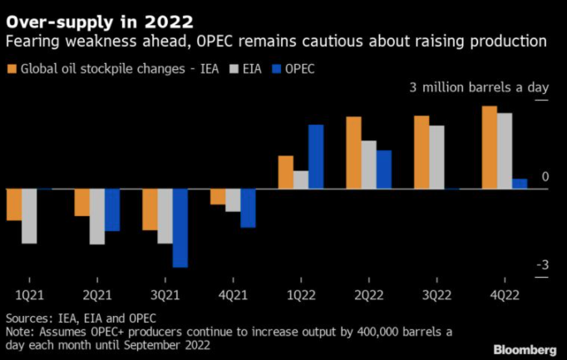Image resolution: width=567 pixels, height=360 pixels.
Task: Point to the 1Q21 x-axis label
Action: tap(29, 295)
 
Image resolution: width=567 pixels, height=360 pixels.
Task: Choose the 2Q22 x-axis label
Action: tap(368, 295)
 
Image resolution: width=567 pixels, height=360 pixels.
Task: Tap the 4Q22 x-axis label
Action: tap(505, 295)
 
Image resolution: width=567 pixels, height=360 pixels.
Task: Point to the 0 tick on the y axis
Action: tap(545, 177)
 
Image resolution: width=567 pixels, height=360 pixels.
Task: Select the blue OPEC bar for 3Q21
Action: tap(180, 228)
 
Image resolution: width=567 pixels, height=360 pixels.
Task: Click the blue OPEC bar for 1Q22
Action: tap(316, 156)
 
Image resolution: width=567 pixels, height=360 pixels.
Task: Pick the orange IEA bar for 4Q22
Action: tap(490, 147)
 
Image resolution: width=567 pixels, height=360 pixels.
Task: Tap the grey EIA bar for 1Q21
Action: tap(29, 216)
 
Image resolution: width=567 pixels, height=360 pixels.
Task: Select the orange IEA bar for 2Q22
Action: tap(353, 153)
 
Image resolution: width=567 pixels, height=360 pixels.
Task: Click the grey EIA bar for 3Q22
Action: tap(436, 157)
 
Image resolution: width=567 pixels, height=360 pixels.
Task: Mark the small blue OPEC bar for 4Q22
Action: tap(520, 184)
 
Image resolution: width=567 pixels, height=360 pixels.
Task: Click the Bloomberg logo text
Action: tap(526, 347)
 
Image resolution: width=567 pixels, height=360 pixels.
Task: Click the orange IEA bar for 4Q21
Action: tap(218, 196)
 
